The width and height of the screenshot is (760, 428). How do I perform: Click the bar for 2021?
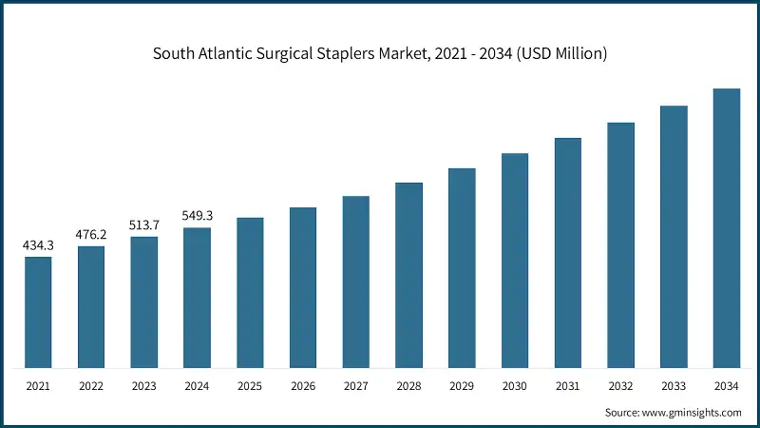(x=38, y=312)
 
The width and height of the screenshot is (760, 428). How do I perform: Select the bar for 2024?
(x=197, y=298)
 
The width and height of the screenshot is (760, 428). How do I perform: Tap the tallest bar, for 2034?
(x=727, y=228)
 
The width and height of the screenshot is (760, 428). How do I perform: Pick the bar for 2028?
(x=408, y=275)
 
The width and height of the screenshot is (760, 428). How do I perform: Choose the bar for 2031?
(x=568, y=253)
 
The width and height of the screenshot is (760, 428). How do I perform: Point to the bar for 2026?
(x=303, y=287)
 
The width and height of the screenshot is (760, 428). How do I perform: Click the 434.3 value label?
(x=38, y=245)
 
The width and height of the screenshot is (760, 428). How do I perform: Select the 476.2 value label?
(x=91, y=235)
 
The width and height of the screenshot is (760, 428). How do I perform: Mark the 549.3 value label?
(x=197, y=216)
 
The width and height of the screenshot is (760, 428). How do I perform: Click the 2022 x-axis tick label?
(x=91, y=387)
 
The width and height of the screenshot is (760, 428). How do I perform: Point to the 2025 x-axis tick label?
(x=250, y=387)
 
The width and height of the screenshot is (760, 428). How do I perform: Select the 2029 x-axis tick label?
(x=462, y=387)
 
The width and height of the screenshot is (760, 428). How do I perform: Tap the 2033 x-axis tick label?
(x=674, y=387)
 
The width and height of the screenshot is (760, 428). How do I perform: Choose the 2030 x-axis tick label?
(x=515, y=387)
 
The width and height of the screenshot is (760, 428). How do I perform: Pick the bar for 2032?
(x=620, y=245)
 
